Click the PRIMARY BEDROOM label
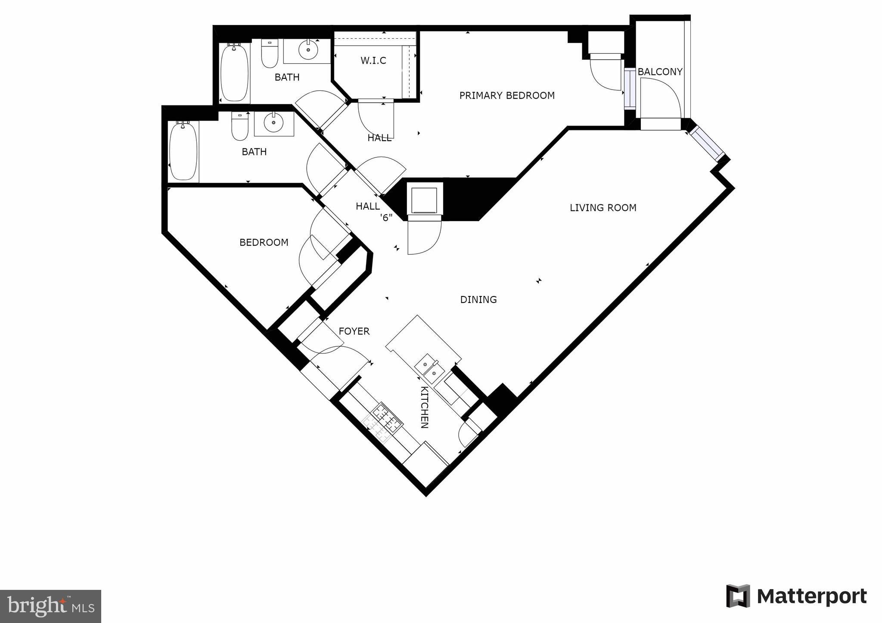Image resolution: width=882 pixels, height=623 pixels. tap(506, 96)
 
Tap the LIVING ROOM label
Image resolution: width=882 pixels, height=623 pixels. tap(602, 208)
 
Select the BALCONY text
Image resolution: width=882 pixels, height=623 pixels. tap(660, 72)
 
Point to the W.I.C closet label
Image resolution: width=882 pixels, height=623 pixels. tap(373, 61)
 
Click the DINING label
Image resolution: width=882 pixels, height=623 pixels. tap(478, 299)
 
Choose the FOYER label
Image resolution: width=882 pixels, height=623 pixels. tap(354, 331)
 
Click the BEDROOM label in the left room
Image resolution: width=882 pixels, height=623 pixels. tap(264, 243)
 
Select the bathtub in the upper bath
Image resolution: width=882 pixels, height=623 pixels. tap(235, 72)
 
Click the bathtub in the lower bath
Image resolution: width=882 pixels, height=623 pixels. tap(183, 151)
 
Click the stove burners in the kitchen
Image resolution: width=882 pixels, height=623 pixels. tap(387, 419)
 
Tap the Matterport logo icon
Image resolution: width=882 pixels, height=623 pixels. tap(738, 596)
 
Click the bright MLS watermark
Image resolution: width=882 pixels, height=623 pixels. tap(50, 606)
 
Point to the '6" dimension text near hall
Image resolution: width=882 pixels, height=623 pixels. tap(386, 218)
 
